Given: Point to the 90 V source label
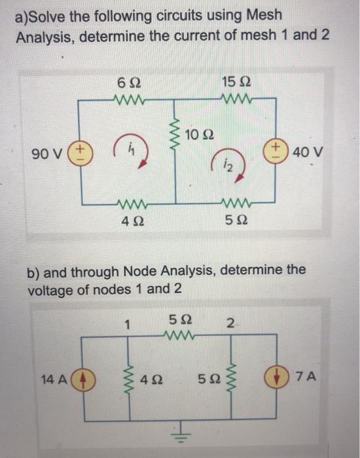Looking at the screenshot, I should pyautogui.click(x=46, y=154).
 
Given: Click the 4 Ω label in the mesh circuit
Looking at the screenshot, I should pyautogui.click(x=130, y=221).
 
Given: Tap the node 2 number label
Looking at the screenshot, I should pyautogui.click(x=230, y=323).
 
